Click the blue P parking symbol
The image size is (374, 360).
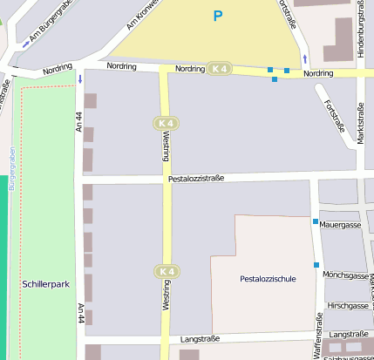click(x=218, y=16)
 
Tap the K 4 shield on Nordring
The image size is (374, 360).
click(x=220, y=69)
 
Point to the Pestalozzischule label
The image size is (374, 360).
click(x=268, y=279)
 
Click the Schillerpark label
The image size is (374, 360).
click(x=44, y=284)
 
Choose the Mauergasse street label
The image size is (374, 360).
click(x=340, y=224)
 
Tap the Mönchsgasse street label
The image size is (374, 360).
click(x=345, y=275)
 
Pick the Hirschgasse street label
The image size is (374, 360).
click(x=348, y=306)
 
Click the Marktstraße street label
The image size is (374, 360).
click(x=360, y=123)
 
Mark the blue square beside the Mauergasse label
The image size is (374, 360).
click(x=316, y=221)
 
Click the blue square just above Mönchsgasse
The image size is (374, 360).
click(x=316, y=265)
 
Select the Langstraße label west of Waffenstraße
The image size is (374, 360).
click(x=200, y=338)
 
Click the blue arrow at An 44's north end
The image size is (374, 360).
click(x=80, y=79)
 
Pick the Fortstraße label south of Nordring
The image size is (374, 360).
click(x=334, y=115)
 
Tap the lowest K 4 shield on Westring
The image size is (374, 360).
click(x=166, y=272)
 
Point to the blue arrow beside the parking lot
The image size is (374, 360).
click(x=304, y=59)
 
